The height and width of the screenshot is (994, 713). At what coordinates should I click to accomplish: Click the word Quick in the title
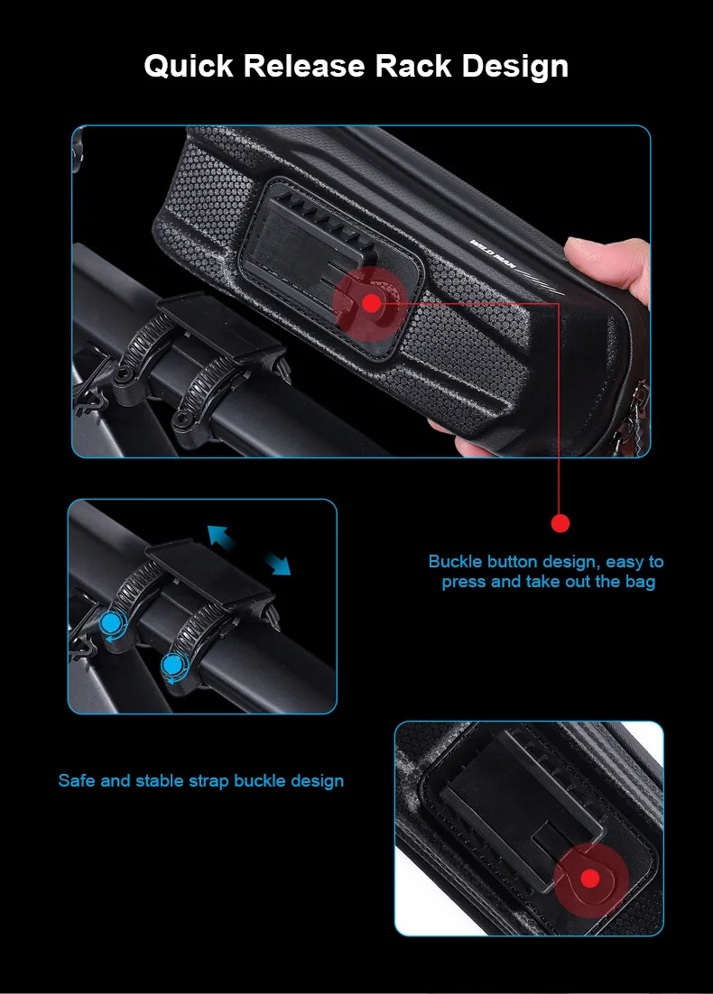[189, 67]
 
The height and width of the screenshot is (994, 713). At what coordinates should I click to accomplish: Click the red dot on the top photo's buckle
[371, 303]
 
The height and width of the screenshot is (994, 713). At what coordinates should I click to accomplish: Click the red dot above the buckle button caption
[560, 523]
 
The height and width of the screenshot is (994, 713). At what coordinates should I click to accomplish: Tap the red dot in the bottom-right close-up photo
[590, 879]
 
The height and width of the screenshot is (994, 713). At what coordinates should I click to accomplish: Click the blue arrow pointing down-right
[277, 563]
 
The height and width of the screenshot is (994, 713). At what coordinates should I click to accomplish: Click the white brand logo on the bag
[493, 253]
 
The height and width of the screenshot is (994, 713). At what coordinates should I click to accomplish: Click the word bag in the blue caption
[640, 583]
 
